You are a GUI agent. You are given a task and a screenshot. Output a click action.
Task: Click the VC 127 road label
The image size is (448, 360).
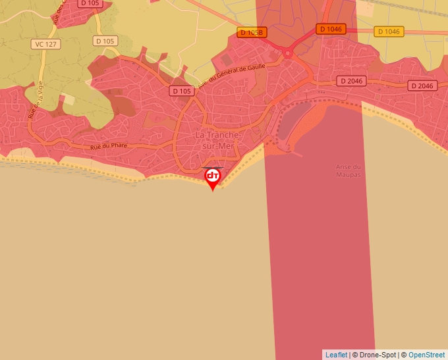click(x=45, y=43)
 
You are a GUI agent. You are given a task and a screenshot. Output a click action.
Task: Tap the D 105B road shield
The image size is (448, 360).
click(x=252, y=32)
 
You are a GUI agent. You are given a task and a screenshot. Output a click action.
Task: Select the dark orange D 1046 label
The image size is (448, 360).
click(x=331, y=29)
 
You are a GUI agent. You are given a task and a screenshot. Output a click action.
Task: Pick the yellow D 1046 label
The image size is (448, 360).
click(x=389, y=32)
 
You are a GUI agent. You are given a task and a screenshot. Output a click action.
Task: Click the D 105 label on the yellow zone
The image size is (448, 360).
click(x=105, y=41)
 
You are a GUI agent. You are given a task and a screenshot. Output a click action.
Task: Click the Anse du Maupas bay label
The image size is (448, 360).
click(x=349, y=170)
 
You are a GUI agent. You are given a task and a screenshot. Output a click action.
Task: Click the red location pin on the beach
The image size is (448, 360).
click(x=213, y=177)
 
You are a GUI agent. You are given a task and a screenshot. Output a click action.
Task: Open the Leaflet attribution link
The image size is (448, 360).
click(x=336, y=355)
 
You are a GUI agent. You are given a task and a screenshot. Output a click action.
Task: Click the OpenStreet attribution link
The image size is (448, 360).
click(x=426, y=355)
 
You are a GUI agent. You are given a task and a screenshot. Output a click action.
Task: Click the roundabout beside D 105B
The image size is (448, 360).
click(x=287, y=51)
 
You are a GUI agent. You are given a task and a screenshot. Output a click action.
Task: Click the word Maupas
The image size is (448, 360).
click(x=349, y=174)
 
